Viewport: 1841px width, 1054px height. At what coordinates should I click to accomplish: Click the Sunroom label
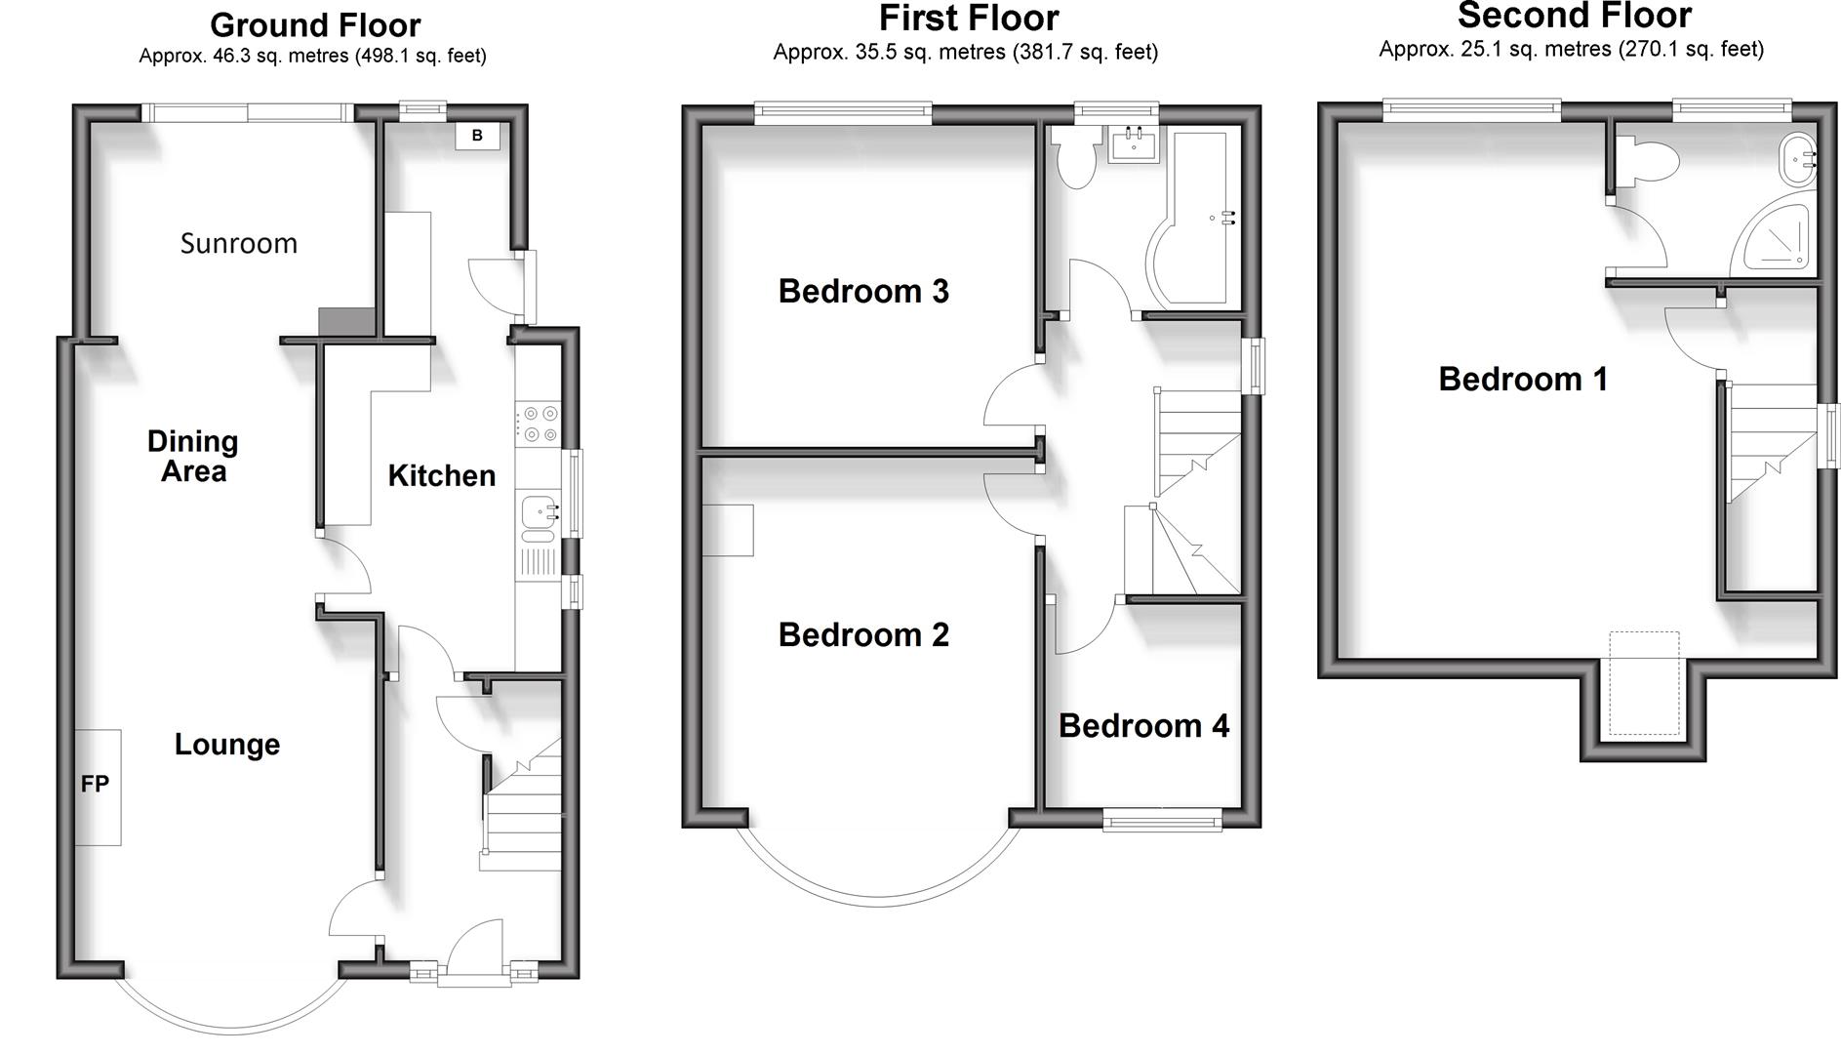click(239, 243)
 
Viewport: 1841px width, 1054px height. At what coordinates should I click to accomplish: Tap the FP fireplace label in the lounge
click(95, 784)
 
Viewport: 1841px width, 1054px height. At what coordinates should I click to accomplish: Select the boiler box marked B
click(477, 136)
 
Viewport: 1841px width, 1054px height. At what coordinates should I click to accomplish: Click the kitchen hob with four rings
click(536, 424)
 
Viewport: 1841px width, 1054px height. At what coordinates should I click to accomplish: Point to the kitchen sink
click(538, 510)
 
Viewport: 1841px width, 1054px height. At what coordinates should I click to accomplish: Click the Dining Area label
click(193, 456)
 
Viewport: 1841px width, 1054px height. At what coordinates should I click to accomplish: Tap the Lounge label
click(227, 745)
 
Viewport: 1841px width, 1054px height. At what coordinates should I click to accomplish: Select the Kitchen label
click(441, 475)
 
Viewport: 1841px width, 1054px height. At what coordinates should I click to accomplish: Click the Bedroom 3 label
click(863, 291)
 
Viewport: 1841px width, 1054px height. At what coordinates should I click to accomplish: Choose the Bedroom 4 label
click(1143, 725)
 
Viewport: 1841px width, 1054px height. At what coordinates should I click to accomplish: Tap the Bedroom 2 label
click(863, 635)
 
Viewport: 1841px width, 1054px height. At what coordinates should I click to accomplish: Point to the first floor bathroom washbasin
click(1133, 144)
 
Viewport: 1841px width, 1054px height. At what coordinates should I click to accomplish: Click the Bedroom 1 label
click(1523, 379)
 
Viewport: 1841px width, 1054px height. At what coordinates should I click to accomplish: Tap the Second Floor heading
click(1574, 16)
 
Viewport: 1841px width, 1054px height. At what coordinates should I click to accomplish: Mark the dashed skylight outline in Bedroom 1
click(1644, 683)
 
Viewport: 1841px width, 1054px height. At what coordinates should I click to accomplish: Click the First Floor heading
click(968, 19)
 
